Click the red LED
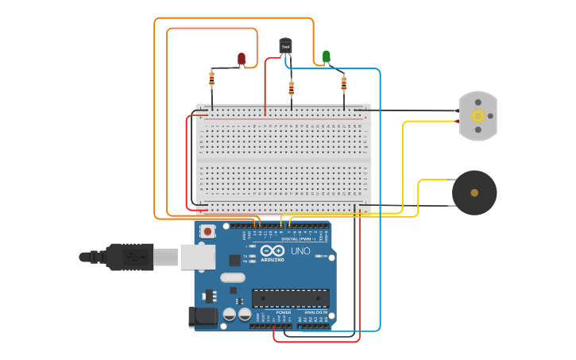[x=242, y=59]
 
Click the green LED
[x=326, y=56]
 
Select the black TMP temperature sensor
[x=285, y=46]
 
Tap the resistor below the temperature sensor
[x=291, y=87]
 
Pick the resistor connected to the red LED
[x=211, y=78]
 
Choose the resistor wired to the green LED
[x=344, y=83]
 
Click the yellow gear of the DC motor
[x=477, y=116]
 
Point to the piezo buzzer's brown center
[x=474, y=192]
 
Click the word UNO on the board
[x=300, y=251]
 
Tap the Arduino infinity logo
[x=272, y=251]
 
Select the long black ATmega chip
[x=290, y=298]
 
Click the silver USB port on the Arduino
[x=198, y=257]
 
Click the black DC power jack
[x=203, y=317]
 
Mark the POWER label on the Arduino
[x=284, y=312]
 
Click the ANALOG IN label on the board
[x=315, y=312]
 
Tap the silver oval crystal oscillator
[x=233, y=277]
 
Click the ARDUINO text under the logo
[x=272, y=260]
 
